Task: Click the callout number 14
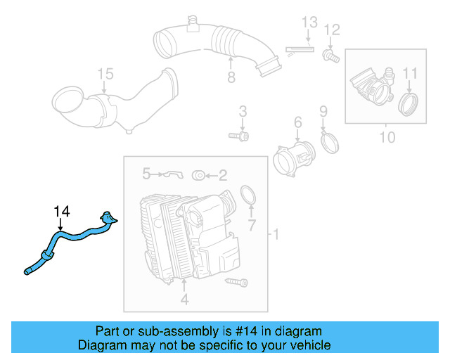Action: point(63,210)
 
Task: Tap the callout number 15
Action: point(104,74)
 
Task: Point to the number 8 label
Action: point(231,77)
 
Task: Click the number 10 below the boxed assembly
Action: point(387,137)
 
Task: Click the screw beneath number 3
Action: point(240,134)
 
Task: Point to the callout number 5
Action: point(146,172)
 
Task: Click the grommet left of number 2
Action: point(199,174)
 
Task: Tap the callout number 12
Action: point(332,30)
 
